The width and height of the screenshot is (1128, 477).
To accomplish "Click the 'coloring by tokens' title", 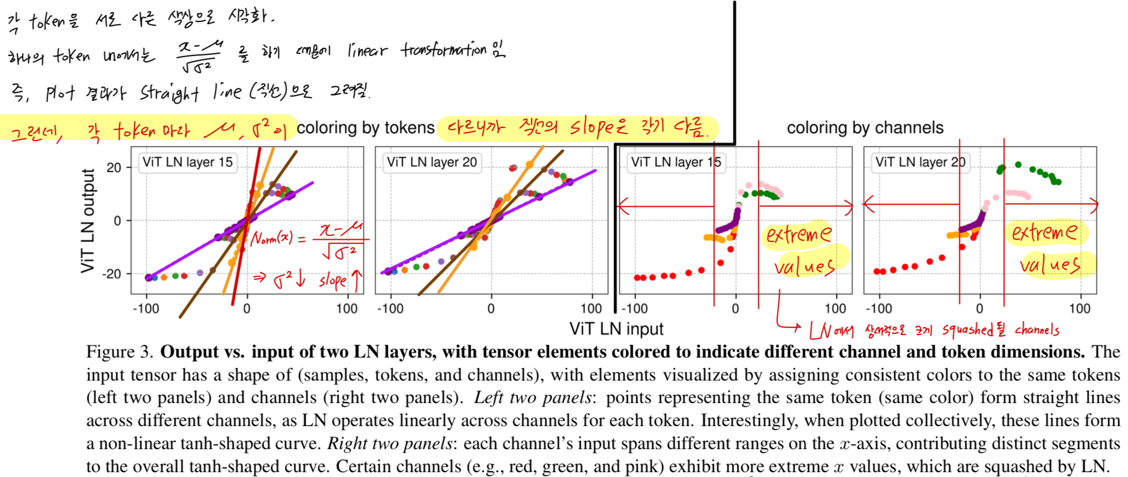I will [x=365, y=128].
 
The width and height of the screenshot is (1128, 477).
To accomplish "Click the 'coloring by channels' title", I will [x=865, y=128].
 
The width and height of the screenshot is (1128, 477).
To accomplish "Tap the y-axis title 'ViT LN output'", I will [x=88, y=220].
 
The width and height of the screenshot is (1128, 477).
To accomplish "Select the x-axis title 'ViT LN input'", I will [x=616, y=328].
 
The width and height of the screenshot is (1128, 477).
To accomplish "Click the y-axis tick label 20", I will [x=114, y=168].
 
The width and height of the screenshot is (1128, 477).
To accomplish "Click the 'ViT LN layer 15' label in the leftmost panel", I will [x=187, y=162].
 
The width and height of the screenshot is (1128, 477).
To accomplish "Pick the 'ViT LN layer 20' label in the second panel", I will [x=432, y=162].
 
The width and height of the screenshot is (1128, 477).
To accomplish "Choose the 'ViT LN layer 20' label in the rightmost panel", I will [x=920, y=162].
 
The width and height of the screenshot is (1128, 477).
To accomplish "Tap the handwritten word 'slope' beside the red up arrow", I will [x=333, y=281].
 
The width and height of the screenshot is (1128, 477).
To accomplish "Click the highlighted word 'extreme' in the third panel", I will [x=798, y=235].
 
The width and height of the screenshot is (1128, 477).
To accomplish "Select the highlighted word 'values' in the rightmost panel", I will [x=1050, y=265].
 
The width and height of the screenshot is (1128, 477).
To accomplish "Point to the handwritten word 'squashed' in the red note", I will [x=968, y=330].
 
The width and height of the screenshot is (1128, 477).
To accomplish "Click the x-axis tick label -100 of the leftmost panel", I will [x=146, y=309].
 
